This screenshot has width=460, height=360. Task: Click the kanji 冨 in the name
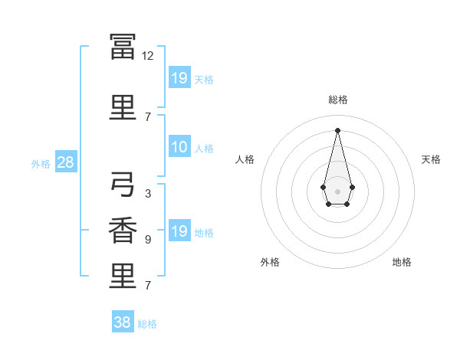point(123,47)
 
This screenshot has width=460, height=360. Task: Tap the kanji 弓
point(123,184)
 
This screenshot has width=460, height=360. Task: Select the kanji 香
point(123,230)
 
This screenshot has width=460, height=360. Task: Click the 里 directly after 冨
point(123,107)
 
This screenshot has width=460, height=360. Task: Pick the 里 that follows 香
point(123,276)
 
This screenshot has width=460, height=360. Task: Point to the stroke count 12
point(147,56)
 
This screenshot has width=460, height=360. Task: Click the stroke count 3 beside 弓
point(148,194)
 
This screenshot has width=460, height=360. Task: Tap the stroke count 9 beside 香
point(148,240)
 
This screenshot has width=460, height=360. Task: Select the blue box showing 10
point(179,146)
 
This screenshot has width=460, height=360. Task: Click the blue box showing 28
point(66,162)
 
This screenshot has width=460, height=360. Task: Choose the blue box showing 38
point(123,321)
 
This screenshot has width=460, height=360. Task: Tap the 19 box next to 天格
point(179,77)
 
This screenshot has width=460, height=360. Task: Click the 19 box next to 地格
point(179,230)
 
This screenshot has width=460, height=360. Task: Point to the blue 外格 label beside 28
point(41,164)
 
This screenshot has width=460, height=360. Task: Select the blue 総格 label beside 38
point(147,324)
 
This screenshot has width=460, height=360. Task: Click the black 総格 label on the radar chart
point(338,100)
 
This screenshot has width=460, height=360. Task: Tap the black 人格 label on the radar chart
point(245,159)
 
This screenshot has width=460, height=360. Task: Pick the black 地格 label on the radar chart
point(402,262)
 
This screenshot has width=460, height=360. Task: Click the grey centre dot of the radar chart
point(337,191)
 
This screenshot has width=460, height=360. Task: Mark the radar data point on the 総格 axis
point(337,130)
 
